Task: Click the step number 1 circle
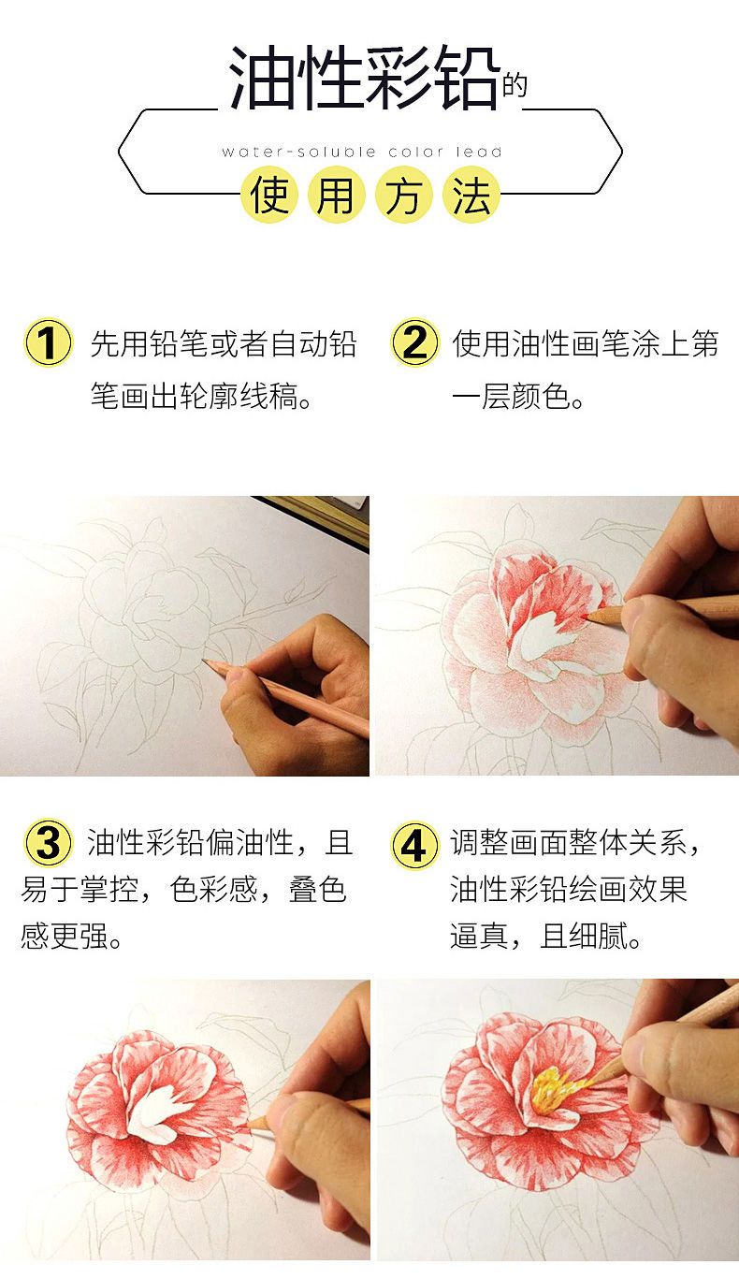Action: [49, 342]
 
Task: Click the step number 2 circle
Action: [414, 342]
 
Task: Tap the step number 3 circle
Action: [49, 843]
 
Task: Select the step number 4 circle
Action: [414, 845]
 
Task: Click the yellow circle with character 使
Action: [268, 194]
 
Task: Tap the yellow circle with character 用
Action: [337, 194]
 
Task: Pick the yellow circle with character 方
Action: [404, 194]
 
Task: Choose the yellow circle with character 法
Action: [471, 194]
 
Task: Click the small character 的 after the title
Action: [514, 86]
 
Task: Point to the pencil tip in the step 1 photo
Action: [205, 661]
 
